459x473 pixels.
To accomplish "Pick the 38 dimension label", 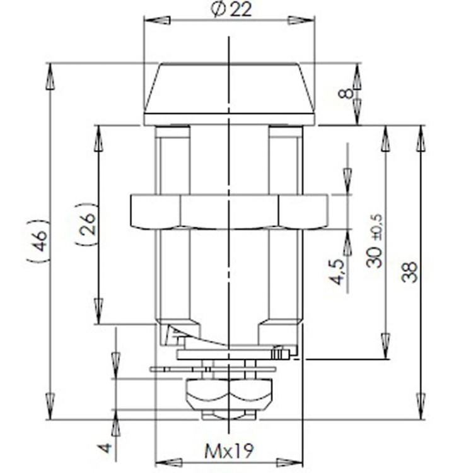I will pos(410,271).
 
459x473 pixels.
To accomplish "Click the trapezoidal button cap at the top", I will pos(229,91).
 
